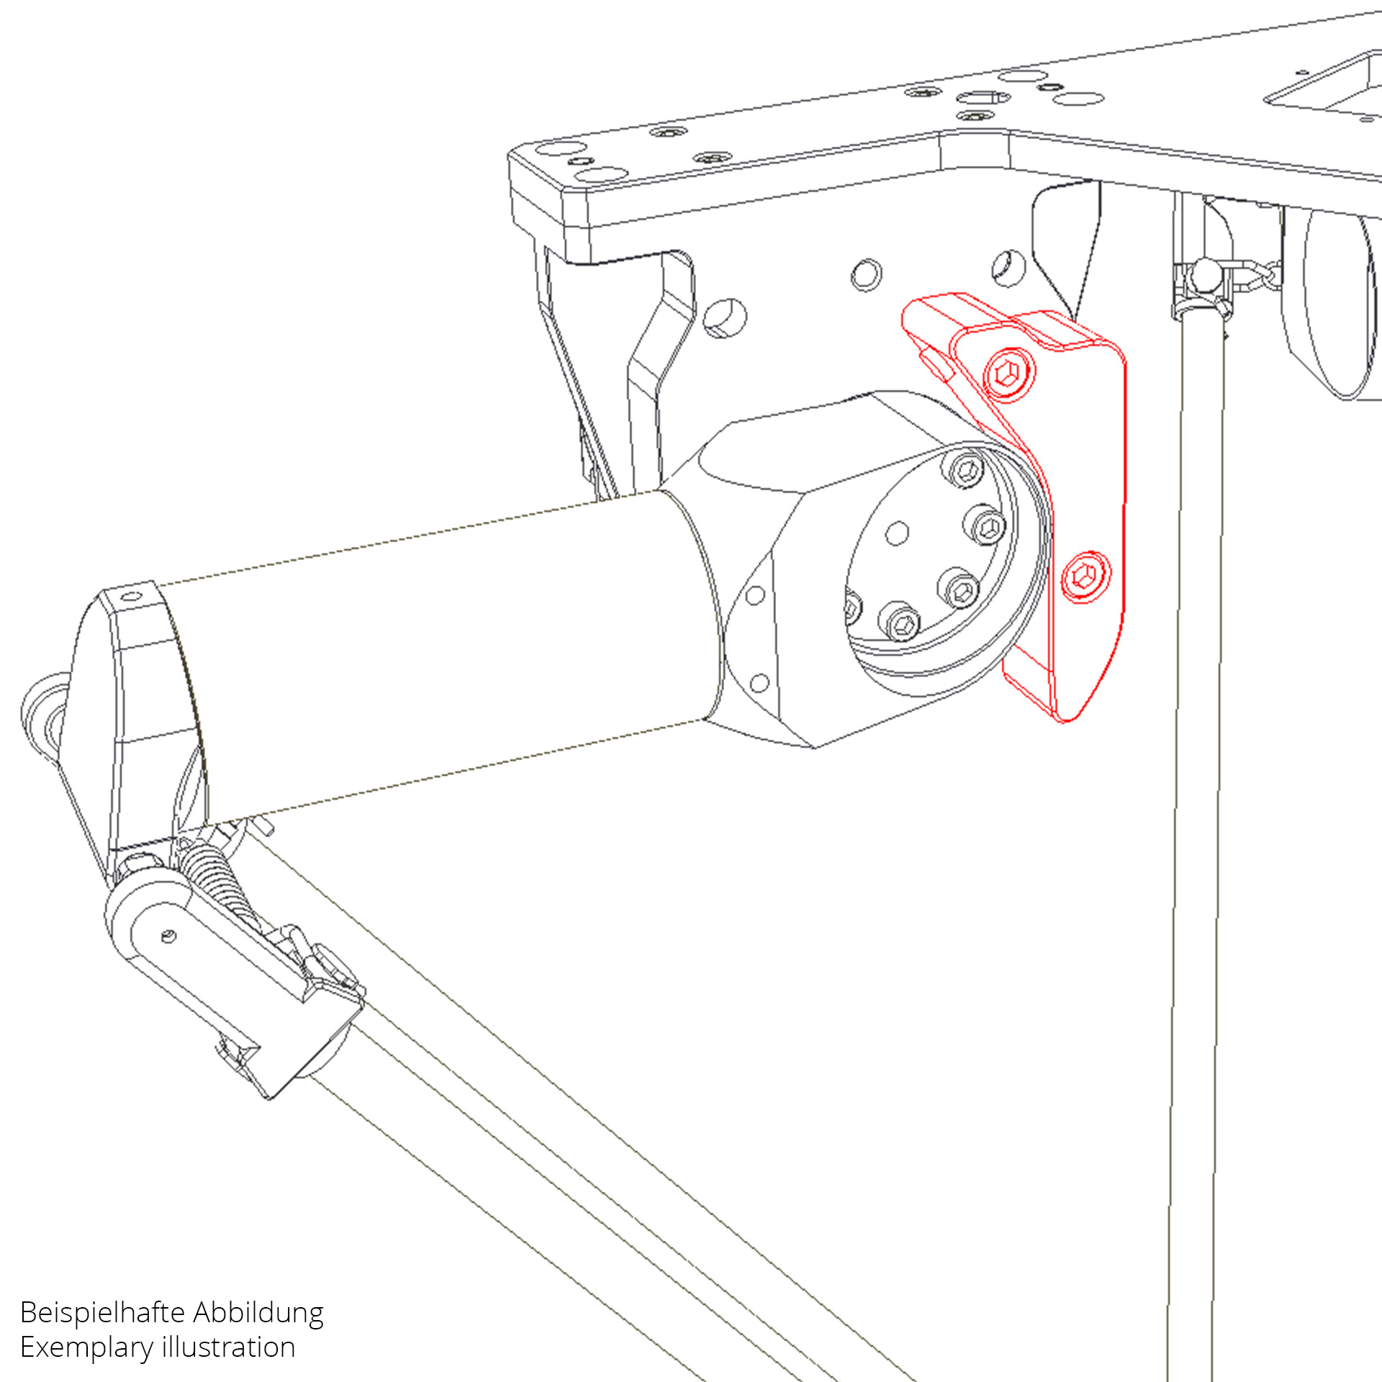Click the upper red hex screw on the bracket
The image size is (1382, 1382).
tap(1009, 373)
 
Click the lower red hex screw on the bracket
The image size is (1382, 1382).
tap(1085, 576)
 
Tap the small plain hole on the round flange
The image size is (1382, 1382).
tap(897, 533)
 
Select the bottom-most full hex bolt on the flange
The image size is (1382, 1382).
tap(900, 621)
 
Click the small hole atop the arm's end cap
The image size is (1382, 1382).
tap(130, 596)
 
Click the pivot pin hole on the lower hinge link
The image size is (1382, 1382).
tap(168, 936)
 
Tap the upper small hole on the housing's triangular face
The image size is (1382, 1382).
tap(755, 595)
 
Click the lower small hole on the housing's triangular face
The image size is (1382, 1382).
tap(760, 682)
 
